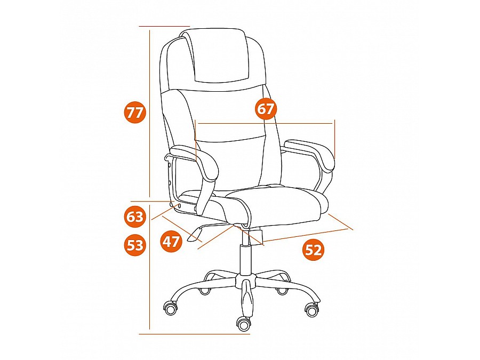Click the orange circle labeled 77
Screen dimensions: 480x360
(135, 113)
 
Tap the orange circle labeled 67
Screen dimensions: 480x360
(266, 109)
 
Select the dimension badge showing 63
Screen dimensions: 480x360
(135, 217)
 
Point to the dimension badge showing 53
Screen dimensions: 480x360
(135, 245)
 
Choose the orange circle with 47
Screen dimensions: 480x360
(171, 242)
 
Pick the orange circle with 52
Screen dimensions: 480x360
(314, 251)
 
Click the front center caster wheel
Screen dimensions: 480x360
(244, 324)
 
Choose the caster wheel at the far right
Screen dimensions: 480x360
(312, 309)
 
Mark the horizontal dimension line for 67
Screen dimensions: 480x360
(265, 123)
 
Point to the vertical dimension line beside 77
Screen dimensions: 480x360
(149, 114)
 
